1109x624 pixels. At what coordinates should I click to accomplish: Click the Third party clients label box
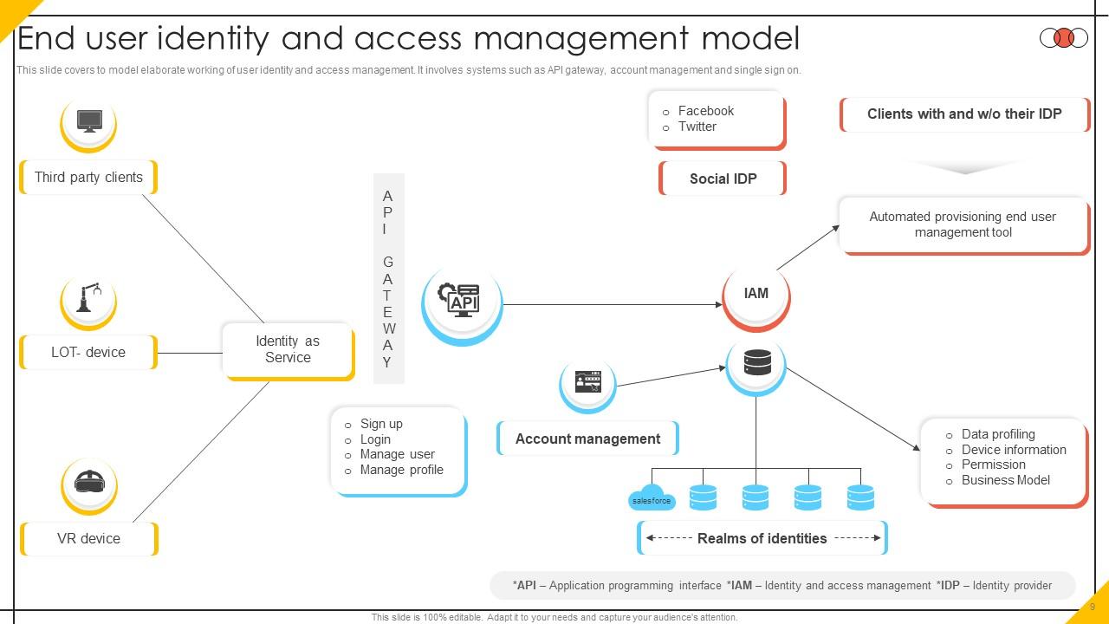[88, 178]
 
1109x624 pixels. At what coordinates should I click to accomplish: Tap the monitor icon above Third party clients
[88, 121]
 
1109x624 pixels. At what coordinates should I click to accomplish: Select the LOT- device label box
[88, 353]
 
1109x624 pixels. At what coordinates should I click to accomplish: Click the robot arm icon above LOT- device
[88, 299]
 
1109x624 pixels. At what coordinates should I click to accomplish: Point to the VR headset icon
[88, 482]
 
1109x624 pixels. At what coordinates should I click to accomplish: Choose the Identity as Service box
[288, 350]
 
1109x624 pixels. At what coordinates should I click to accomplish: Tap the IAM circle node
[756, 294]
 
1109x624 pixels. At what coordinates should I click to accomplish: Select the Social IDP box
[723, 179]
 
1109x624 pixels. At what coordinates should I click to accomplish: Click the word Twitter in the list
[697, 127]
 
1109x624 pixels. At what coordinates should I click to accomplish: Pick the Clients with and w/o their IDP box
[964, 114]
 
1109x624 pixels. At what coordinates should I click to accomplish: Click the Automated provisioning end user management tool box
[963, 224]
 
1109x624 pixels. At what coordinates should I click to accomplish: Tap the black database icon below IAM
[756, 363]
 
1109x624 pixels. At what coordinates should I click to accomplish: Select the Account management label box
[587, 439]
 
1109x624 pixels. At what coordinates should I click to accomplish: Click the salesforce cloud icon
[652, 497]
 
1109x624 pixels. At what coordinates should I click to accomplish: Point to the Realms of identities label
[762, 538]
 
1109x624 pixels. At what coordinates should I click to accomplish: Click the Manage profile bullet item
[401, 470]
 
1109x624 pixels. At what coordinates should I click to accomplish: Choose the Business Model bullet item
[1005, 480]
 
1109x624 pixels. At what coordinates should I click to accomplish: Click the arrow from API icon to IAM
[612, 304]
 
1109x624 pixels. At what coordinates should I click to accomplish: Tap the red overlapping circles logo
[1063, 38]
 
